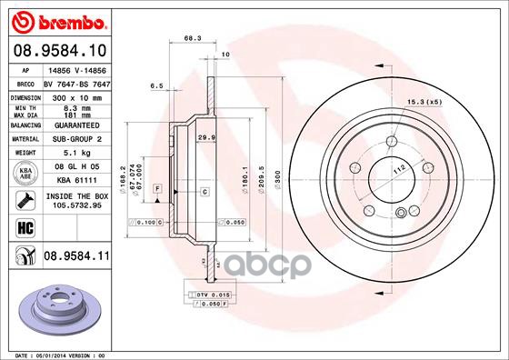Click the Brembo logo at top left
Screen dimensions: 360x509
[56, 19]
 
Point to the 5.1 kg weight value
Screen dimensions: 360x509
[76, 153]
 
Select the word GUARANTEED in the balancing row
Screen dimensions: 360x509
[76, 125]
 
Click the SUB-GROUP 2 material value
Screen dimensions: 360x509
[76, 139]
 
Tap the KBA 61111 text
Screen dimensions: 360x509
[76, 182]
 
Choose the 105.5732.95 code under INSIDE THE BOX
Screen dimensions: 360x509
[76, 206]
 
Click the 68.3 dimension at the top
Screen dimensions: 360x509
[192, 39]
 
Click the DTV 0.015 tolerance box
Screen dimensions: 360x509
[208, 295]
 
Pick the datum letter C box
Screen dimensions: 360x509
[205, 192]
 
